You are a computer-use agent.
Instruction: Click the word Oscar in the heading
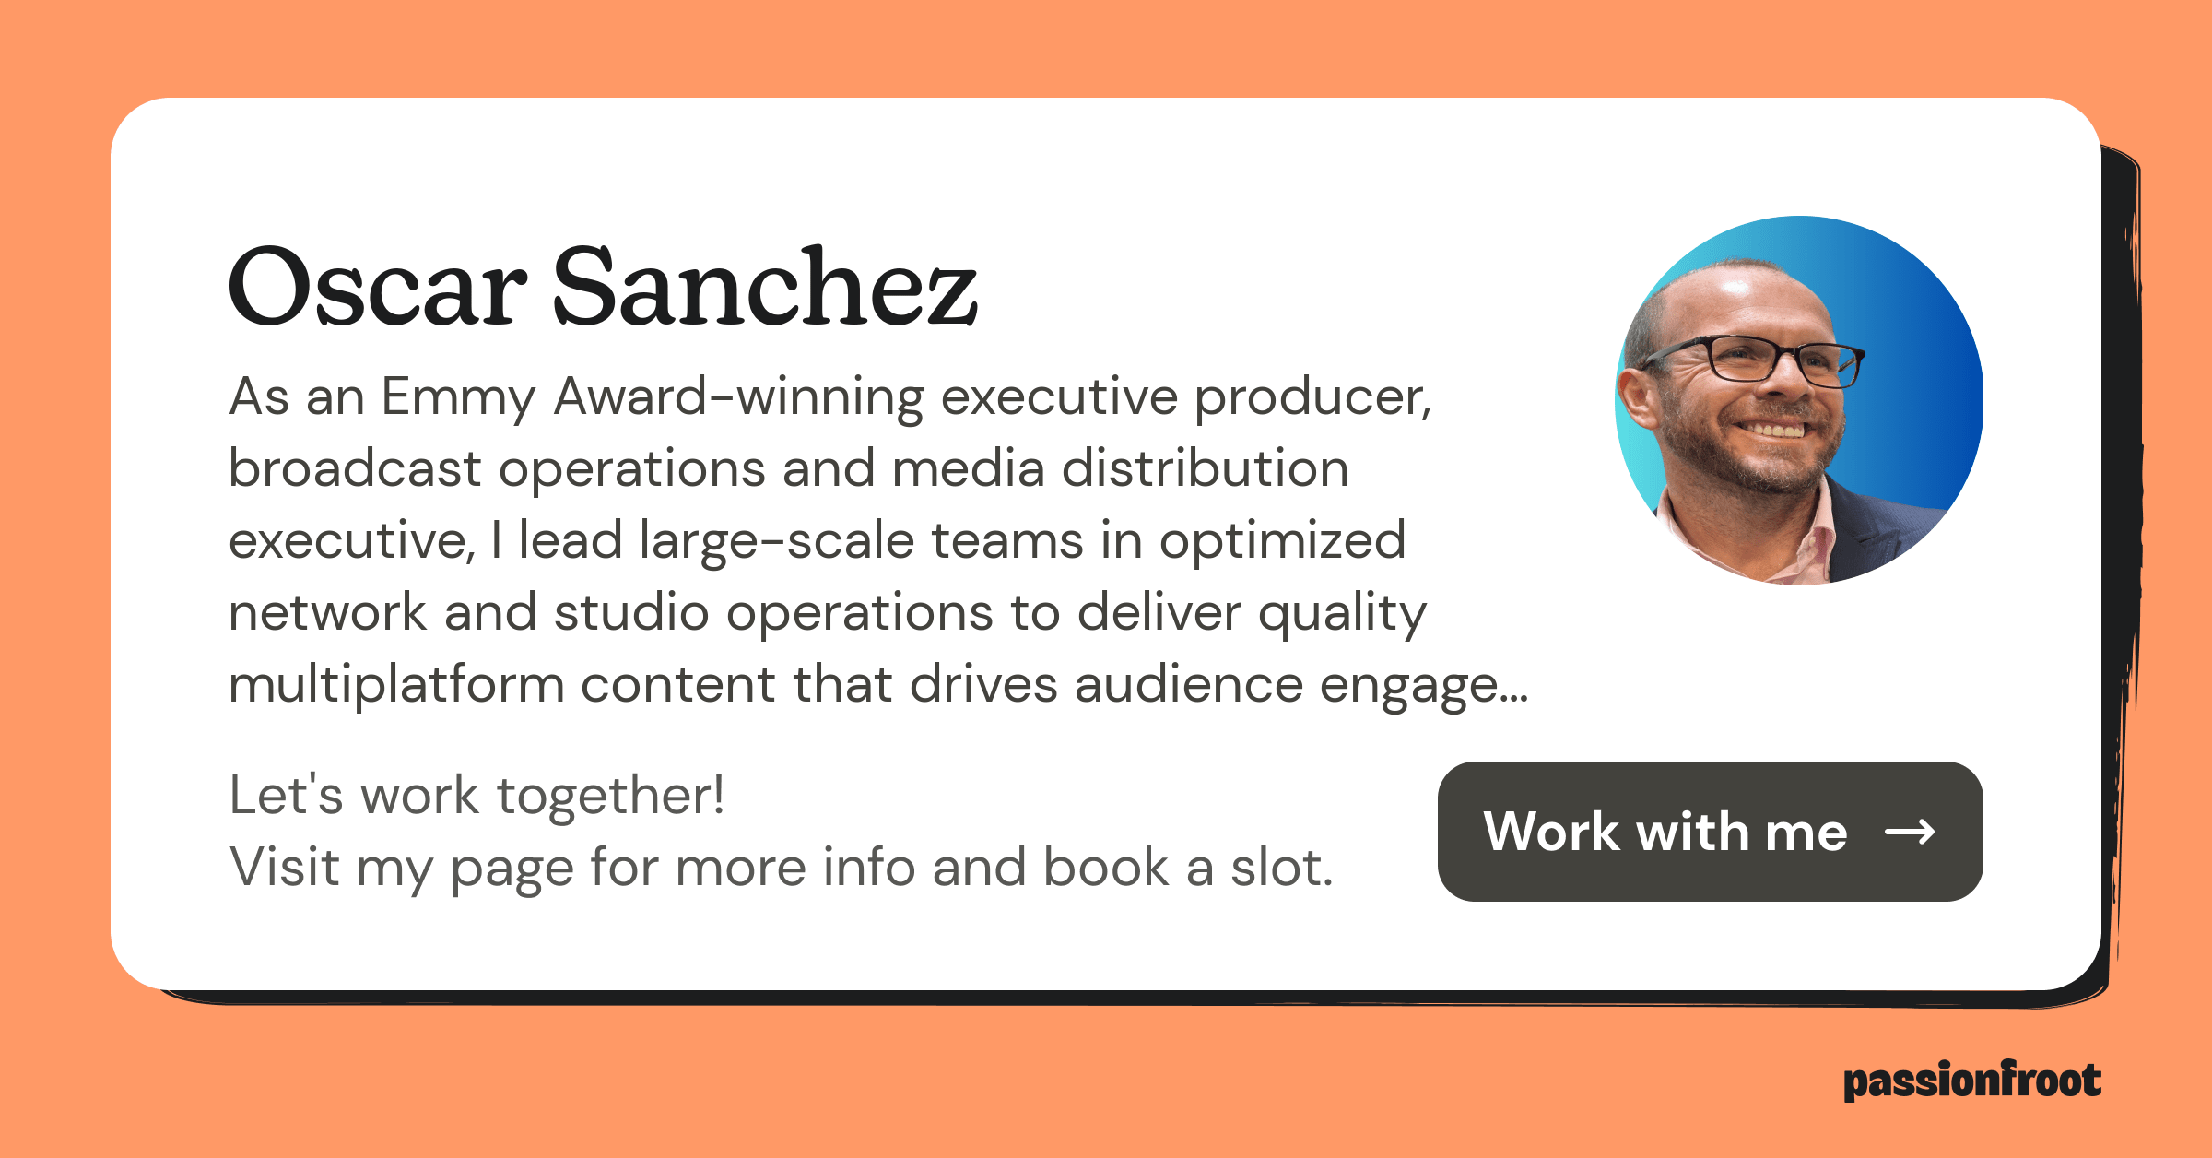coord(378,287)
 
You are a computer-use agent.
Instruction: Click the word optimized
coord(1282,541)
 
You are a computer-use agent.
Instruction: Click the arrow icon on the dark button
coord(1910,833)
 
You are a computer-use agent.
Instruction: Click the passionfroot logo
coord(1972,1081)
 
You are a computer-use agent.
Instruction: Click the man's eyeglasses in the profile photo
coord(1756,360)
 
